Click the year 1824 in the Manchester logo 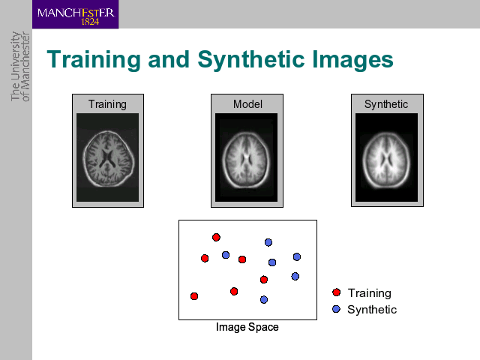coord(90,22)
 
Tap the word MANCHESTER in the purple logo coord(76,13)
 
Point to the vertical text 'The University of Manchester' coord(20,67)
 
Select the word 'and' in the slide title coord(169,59)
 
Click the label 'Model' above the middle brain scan coord(247,104)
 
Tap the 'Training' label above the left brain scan coord(107,104)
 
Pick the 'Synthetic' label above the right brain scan coord(386,104)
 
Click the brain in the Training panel coord(108,159)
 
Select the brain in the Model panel coord(246,160)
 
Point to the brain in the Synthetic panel coord(386,160)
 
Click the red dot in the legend coord(337,292)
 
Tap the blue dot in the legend coord(337,309)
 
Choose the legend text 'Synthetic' coord(372,310)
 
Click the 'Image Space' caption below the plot coord(247,327)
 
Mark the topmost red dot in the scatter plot coord(216,237)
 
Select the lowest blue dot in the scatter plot coord(264,299)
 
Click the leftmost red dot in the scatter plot coord(194,296)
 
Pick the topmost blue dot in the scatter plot coord(268,242)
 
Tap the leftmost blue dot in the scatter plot coord(226,255)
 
